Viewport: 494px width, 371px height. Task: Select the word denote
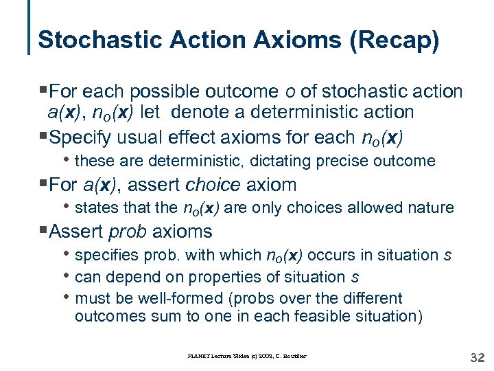tap(245, 113)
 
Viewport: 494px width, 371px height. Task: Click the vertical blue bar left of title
tap(30, 27)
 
